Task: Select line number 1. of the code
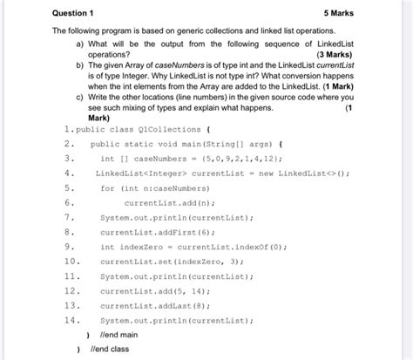click(x=68, y=129)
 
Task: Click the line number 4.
click(x=69, y=173)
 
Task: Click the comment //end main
click(x=112, y=336)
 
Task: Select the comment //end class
click(x=108, y=349)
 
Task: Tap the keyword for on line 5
click(x=107, y=188)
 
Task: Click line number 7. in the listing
click(x=69, y=218)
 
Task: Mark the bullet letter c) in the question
click(x=81, y=98)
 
